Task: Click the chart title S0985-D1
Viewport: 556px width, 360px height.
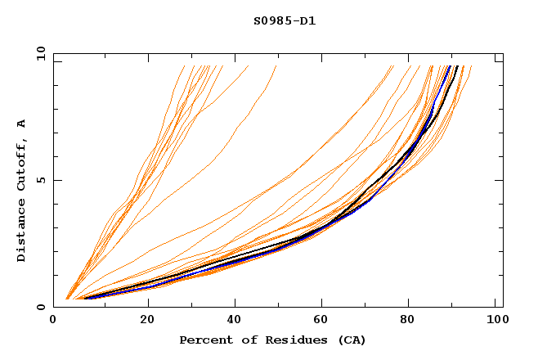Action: (x=285, y=20)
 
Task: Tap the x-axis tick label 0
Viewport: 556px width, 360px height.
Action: (x=53, y=321)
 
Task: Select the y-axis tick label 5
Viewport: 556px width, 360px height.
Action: (x=41, y=180)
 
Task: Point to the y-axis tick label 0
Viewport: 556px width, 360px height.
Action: (x=41, y=307)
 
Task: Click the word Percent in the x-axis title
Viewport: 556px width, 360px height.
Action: (x=204, y=340)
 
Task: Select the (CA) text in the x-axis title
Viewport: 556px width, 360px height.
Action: (x=350, y=340)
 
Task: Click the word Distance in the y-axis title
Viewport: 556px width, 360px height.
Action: (x=22, y=233)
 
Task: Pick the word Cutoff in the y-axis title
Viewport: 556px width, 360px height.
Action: (x=22, y=162)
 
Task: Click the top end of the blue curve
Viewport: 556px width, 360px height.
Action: (x=449, y=66)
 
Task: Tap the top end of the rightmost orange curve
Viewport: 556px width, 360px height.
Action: (x=472, y=66)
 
